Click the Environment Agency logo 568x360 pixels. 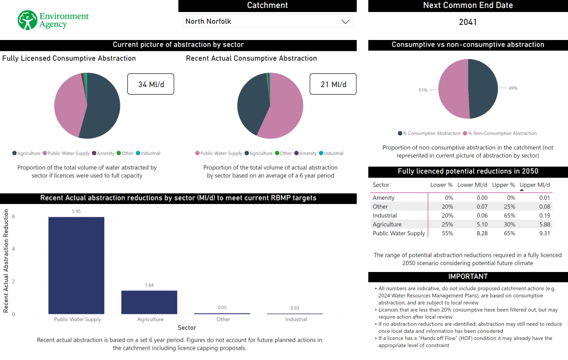point(52,20)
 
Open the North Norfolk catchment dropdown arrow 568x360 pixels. point(345,21)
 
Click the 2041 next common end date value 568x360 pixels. point(468,22)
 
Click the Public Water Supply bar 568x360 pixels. point(76,265)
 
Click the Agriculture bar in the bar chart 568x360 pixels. point(149,302)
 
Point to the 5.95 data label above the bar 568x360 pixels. point(76,211)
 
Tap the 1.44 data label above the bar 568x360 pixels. point(149,285)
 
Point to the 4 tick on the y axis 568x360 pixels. point(13,249)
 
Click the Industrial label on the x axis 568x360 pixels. point(296,319)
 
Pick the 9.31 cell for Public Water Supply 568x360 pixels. point(544,233)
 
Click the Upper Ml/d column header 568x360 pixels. point(535,185)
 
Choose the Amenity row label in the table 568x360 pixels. point(384,198)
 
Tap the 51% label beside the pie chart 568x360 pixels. point(423,90)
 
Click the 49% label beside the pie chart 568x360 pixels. point(513,88)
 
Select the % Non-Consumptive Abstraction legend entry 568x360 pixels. point(502,133)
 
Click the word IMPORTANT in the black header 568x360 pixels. point(468,276)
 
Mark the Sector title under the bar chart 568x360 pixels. point(187,327)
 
